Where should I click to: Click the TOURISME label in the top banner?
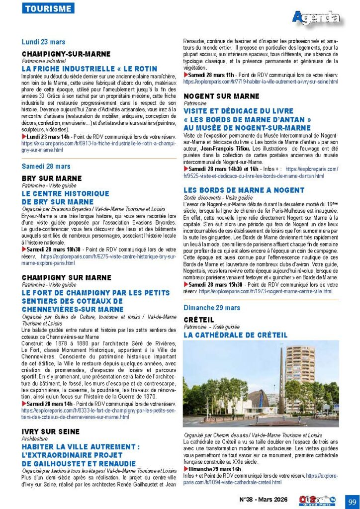[48, 8]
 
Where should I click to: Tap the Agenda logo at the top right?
[316, 18]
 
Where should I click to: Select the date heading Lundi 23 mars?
[43, 42]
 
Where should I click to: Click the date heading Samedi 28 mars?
[46, 167]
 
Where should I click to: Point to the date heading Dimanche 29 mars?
[212, 308]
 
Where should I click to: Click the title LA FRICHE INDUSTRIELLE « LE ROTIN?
[90, 69]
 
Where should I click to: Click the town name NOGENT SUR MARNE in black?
[221, 96]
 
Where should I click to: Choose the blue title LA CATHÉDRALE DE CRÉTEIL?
[235, 335]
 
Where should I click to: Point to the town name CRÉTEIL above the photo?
[198, 320]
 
